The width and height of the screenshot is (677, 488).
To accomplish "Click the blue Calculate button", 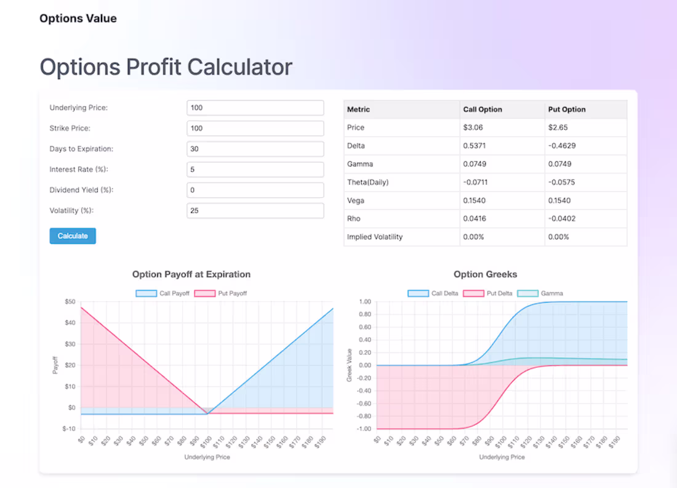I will [73, 236].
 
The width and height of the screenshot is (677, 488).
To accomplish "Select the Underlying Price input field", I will [255, 108].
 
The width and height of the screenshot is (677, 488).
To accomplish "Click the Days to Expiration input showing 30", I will [255, 149].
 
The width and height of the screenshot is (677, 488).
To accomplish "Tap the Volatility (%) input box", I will [255, 211].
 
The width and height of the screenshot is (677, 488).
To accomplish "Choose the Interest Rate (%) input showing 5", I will [255, 169].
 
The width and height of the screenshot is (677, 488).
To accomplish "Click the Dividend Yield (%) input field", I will [255, 190].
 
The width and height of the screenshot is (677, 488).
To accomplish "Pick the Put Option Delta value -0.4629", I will [562, 146].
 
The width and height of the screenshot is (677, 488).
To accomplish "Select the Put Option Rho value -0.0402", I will [562, 219].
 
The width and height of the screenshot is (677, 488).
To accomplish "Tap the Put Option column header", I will [567, 110].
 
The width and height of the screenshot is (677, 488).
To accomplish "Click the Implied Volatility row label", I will [375, 237].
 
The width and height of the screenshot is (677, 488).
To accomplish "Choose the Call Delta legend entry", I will [433, 293].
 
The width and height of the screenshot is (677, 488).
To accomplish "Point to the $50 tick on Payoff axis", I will [70, 302].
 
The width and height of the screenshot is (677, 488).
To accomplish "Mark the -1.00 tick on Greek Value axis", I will [365, 429].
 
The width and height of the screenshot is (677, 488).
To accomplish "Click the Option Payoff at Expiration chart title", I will [191, 274].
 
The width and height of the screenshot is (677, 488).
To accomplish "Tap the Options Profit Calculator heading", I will [166, 67].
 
